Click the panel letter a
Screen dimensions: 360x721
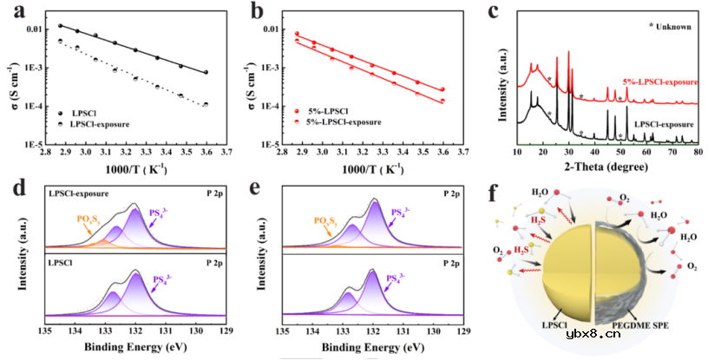[x=11, y=11]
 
